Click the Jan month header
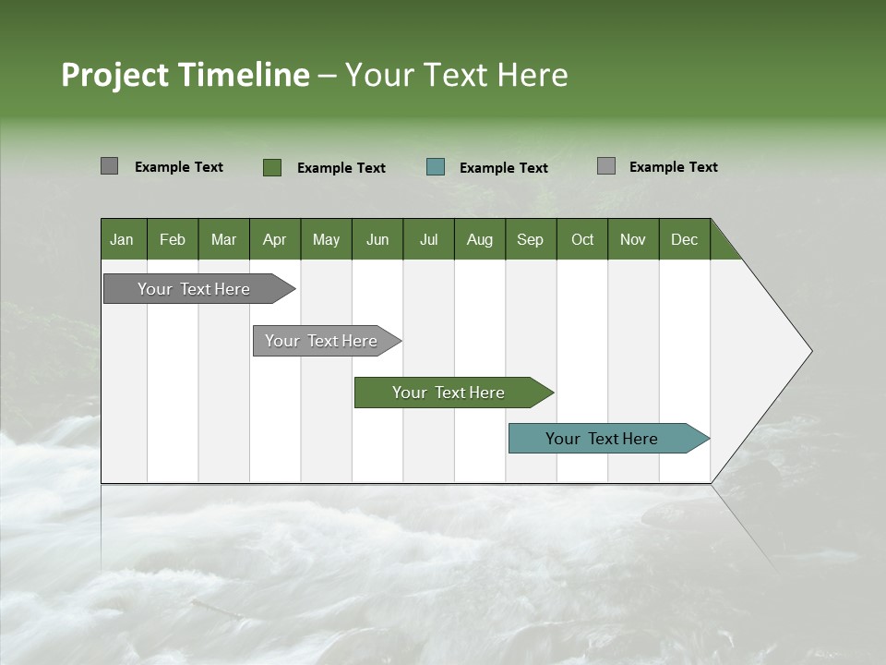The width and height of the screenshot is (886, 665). click(122, 239)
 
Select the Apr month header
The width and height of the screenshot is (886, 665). click(274, 239)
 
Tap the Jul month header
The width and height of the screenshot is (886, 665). click(428, 239)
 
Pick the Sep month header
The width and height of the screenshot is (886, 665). click(530, 239)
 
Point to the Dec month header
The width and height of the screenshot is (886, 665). click(684, 239)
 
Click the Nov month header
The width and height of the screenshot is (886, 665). click(632, 239)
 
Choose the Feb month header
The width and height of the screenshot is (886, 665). click(173, 239)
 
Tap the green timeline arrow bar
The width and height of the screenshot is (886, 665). click(449, 393)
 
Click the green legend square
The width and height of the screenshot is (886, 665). click(271, 167)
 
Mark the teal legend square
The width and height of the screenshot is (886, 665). click(436, 167)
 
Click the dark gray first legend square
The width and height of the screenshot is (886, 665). click(109, 166)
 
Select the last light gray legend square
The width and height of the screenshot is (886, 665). click(605, 166)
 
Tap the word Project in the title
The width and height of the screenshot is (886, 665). click(114, 75)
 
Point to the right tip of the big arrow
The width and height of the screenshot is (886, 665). click(809, 350)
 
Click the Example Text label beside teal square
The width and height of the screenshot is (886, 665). click(503, 168)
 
